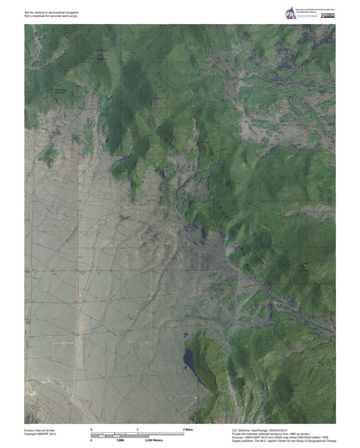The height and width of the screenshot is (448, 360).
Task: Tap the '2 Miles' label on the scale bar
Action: coord(189,428)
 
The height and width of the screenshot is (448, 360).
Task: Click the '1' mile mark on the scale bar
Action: coord(138,428)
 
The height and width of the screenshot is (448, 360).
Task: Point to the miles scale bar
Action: coord(137,431)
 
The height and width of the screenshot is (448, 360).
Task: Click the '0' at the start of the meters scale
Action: coord(91,440)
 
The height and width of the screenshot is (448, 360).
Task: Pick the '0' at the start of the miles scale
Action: coord(91,428)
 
